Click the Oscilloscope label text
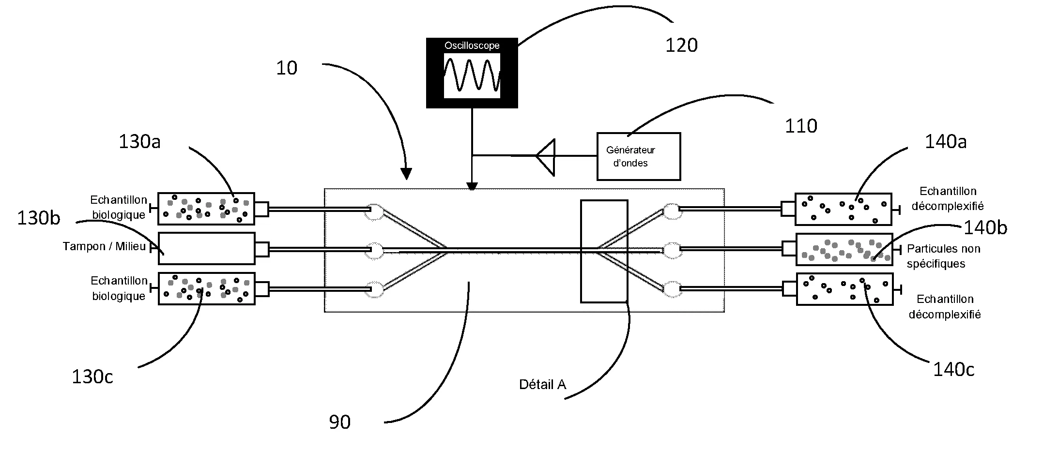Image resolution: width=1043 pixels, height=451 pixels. pos(472,46)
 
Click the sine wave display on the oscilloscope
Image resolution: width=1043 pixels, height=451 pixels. pos(472,75)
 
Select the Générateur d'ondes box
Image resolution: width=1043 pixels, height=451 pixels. pos(638,156)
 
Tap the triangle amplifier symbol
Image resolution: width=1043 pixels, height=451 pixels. pos(547,156)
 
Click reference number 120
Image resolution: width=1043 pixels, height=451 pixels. pos(681,45)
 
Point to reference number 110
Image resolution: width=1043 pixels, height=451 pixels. pos(800,126)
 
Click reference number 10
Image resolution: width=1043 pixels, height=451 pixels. pos(286,68)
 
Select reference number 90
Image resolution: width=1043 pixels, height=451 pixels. pos(339,422)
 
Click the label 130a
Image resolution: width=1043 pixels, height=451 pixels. pos(139,142)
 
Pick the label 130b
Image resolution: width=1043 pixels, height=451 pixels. pos(39,218)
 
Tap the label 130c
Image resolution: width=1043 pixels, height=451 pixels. pos(92,376)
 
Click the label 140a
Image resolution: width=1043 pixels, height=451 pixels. pos(945,142)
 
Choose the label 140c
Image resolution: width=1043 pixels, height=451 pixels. pos(953,370)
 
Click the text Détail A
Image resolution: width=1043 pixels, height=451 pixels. pos(542,385)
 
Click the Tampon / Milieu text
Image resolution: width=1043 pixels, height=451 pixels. pos(104,247)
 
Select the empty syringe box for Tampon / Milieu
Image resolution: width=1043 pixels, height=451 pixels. pos(207,249)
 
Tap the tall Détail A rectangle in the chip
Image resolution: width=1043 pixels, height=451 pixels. pos(604,251)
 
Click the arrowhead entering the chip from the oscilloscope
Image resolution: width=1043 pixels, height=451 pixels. pos(472,186)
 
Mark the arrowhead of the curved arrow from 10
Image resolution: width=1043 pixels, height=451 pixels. pos(407,174)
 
